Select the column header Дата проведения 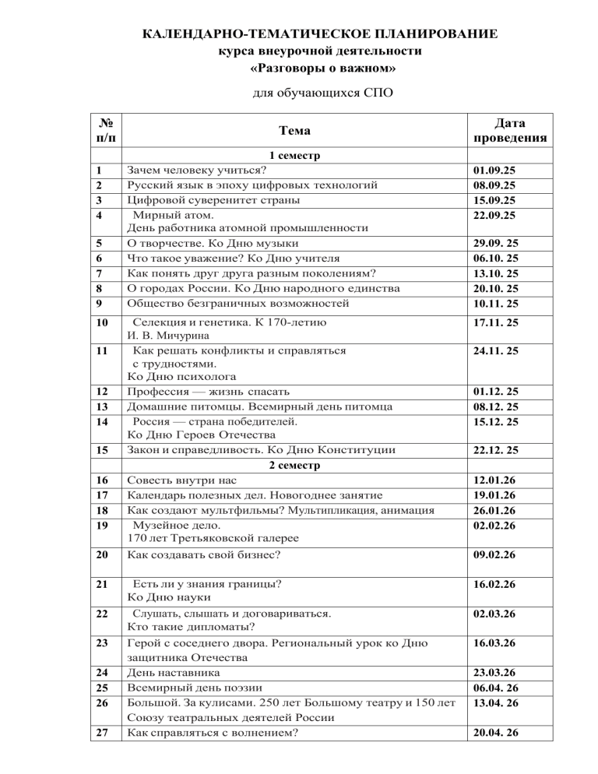click(510, 130)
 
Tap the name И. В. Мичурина click(166, 336)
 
